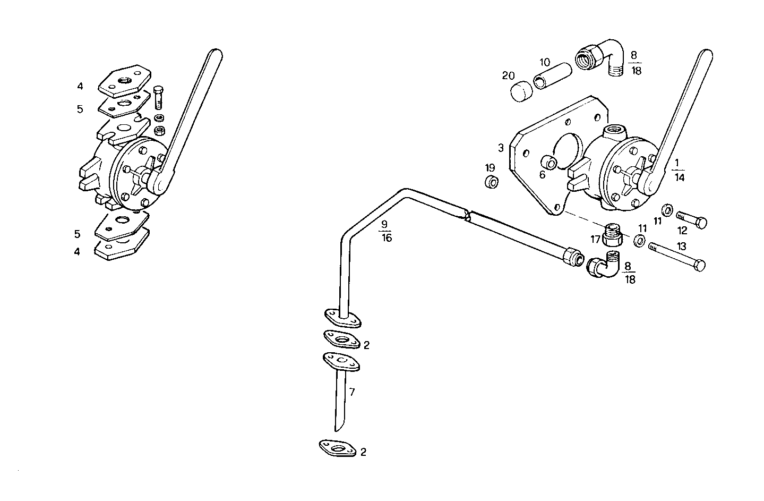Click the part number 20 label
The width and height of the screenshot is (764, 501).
click(509, 75)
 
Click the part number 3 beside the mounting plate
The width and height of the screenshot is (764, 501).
click(501, 147)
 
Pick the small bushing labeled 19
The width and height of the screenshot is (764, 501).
click(492, 182)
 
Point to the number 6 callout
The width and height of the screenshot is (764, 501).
click(542, 174)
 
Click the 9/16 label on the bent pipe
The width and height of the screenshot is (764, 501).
click(386, 231)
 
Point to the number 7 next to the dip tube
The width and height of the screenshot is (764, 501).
click(351, 392)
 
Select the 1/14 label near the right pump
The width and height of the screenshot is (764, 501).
click(679, 170)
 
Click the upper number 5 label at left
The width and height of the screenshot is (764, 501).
click(80, 109)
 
